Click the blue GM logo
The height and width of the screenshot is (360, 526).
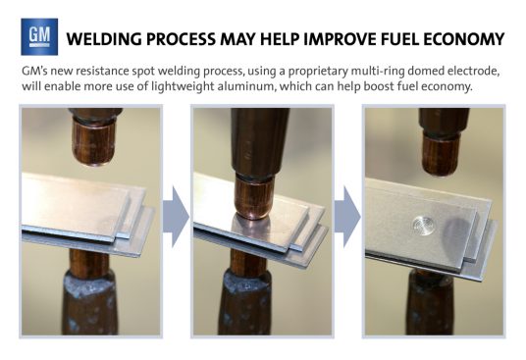coord(39,36)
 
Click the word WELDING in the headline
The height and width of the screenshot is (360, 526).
coord(104,39)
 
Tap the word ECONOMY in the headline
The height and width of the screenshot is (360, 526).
coord(463,39)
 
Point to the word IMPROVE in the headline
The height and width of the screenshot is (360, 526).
coord(340,39)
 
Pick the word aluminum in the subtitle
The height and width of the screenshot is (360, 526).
coord(246,86)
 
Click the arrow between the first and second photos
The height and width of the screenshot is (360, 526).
coord(176,217)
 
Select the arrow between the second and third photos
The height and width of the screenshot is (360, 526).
coord(347,217)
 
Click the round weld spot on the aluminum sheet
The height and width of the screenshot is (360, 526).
coord(423,225)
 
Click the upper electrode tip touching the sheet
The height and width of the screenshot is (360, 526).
coord(253,198)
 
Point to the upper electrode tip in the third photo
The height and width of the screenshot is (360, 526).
coord(441,154)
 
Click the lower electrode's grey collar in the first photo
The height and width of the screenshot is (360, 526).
coord(89,283)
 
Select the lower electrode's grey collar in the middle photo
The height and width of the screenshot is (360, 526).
coord(247,283)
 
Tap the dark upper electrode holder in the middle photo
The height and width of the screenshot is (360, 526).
coord(259,141)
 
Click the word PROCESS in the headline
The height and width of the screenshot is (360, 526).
coord(182,39)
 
